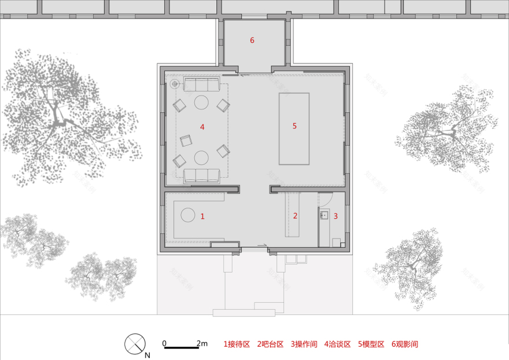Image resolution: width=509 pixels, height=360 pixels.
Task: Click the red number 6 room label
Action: [252, 41]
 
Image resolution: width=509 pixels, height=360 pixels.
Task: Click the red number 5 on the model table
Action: [294, 126]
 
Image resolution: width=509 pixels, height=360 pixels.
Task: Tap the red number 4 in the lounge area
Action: [202, 127]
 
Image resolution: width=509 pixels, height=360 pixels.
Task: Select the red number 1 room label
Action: [202, 216]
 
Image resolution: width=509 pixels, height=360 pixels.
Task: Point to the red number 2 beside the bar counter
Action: [295, 216]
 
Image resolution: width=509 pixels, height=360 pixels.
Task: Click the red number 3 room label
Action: [335, 216]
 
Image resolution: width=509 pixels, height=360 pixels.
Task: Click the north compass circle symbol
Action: [134, 343]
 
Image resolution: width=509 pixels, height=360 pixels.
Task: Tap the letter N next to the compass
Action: [147, 355]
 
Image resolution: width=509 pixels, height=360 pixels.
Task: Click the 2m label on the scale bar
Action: [202, 343]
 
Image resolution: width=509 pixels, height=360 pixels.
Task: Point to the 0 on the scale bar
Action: [164, 343]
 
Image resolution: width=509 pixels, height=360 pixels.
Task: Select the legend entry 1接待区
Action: [237, 344]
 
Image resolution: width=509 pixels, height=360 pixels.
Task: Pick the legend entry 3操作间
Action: [304, 344]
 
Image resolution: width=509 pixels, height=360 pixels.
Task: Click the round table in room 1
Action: [189, 215]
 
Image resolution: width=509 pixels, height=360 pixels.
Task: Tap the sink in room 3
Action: [324, 215]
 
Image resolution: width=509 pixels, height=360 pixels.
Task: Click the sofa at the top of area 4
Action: [201, 86]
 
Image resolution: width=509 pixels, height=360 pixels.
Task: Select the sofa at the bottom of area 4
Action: [201, 175]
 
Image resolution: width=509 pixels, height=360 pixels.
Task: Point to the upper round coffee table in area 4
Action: [201, 103]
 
